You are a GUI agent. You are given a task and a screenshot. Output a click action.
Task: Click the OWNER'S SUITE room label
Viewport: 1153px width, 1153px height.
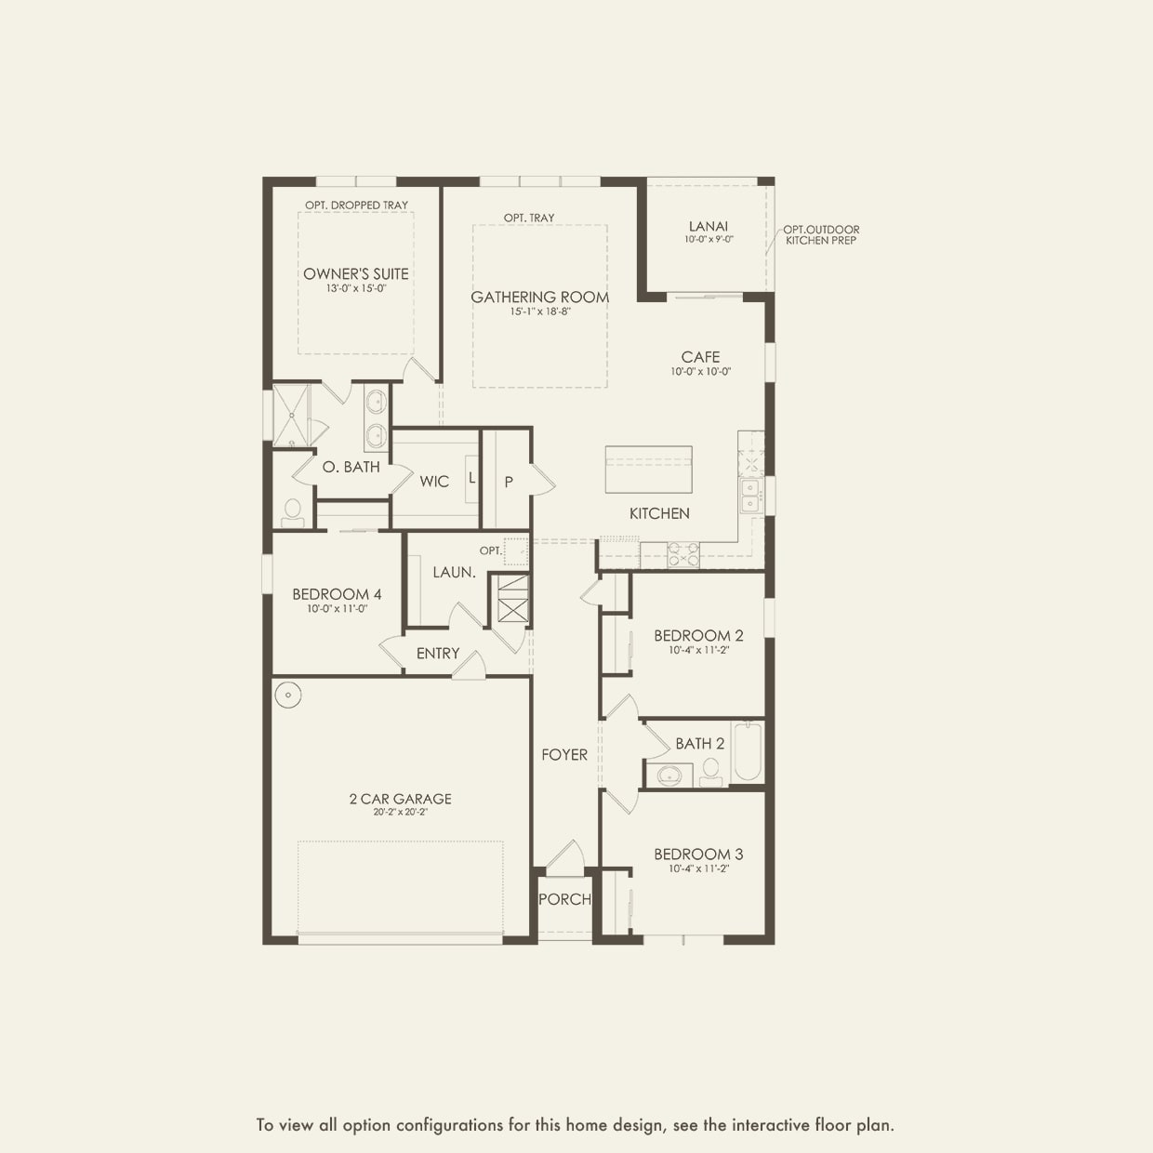[355, 273]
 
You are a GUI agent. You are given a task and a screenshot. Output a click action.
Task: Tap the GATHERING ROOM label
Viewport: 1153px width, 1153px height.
[539, 297]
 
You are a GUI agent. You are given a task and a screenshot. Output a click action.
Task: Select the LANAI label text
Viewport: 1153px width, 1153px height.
[709, 226]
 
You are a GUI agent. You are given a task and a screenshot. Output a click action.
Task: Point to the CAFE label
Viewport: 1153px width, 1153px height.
[700, 357]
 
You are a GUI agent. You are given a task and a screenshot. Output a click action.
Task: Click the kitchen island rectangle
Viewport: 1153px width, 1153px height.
[648, 470]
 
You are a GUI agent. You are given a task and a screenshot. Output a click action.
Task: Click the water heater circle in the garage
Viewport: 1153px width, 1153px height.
[289, 695]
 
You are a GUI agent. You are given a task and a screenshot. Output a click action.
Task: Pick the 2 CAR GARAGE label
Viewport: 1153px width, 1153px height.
[400, 798]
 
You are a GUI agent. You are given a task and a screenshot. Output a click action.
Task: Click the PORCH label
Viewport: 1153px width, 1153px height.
[564, 899]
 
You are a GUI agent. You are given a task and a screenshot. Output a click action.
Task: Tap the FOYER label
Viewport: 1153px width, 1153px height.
[564, 755]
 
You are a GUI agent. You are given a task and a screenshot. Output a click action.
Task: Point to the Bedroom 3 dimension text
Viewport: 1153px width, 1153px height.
[698, 869]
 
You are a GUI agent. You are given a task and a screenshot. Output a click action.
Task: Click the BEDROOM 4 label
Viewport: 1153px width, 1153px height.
[337, 594]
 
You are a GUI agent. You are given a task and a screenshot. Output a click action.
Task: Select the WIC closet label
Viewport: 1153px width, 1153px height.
[434, 481]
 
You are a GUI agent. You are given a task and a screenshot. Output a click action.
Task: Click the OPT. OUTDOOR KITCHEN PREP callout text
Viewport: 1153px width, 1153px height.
[821, 234]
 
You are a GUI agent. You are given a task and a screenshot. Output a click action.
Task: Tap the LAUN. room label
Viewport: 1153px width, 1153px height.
[454, 572]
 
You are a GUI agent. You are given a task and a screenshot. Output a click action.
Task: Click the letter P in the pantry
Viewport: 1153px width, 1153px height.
[509, 482]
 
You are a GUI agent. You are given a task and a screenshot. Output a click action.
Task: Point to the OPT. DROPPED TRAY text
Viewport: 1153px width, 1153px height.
[356, 205]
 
